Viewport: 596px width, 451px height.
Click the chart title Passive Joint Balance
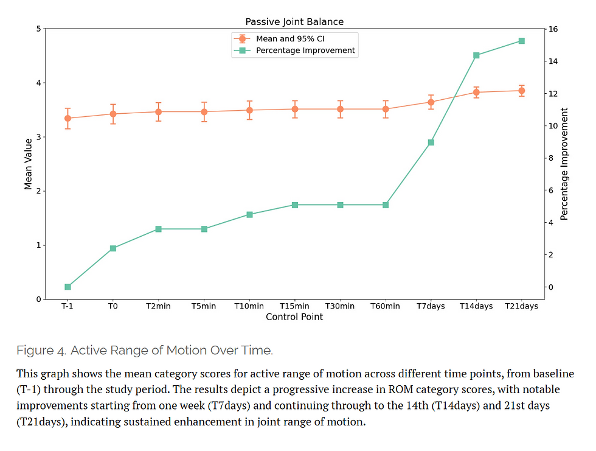tap(294, 22)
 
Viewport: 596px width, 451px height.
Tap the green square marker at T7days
tap(431, 142)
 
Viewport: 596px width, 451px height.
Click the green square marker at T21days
tap(522, 41)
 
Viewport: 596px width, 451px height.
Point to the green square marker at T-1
tap(68, 287)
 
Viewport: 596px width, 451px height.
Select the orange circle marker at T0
tap(113, 114)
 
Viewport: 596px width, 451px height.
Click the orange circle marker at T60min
tap(386, 109)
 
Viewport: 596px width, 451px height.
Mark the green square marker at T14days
tap(476, 55)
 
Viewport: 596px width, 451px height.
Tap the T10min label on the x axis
tap(249, 306)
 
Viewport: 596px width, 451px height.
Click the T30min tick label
tap(340, 306)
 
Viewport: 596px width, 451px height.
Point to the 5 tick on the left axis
tap(38, 29)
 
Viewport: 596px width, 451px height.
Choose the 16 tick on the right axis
tap(553, 29)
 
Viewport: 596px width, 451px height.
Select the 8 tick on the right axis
tap(551, 158)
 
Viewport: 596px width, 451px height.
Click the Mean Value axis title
tap(28, 164)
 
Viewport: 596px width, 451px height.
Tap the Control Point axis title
tap(294, 316)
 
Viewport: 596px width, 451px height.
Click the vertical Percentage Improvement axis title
tap(564, 164)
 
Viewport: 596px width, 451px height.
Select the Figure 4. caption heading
tap(145, 350)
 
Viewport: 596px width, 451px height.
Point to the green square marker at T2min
tap(159, 229)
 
